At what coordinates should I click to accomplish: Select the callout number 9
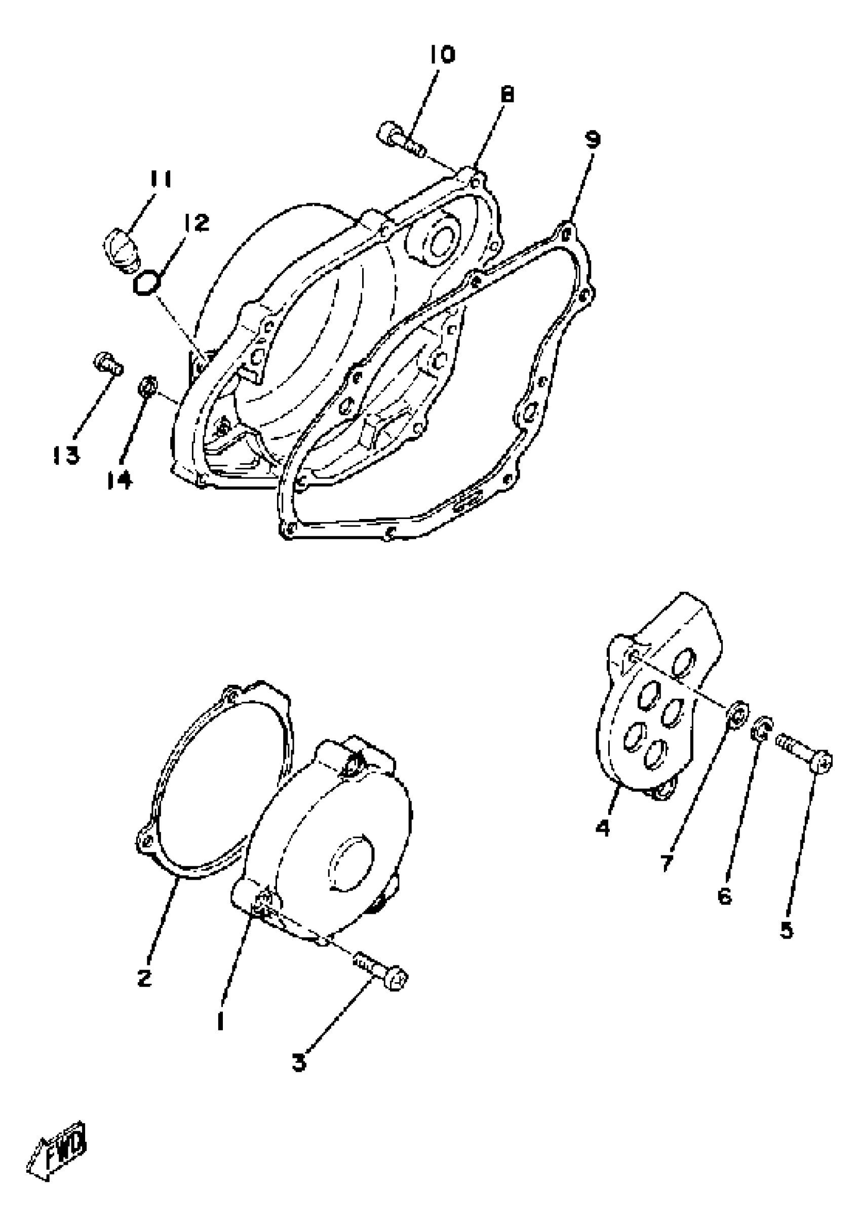coord(593,139)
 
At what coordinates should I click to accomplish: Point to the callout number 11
coord(160,179)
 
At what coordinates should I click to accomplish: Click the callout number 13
coord(66,455)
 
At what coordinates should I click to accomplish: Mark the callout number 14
coord(119,481)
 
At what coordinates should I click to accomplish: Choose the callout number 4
coord(603,828)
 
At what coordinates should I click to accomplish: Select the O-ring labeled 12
coord(146,283)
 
